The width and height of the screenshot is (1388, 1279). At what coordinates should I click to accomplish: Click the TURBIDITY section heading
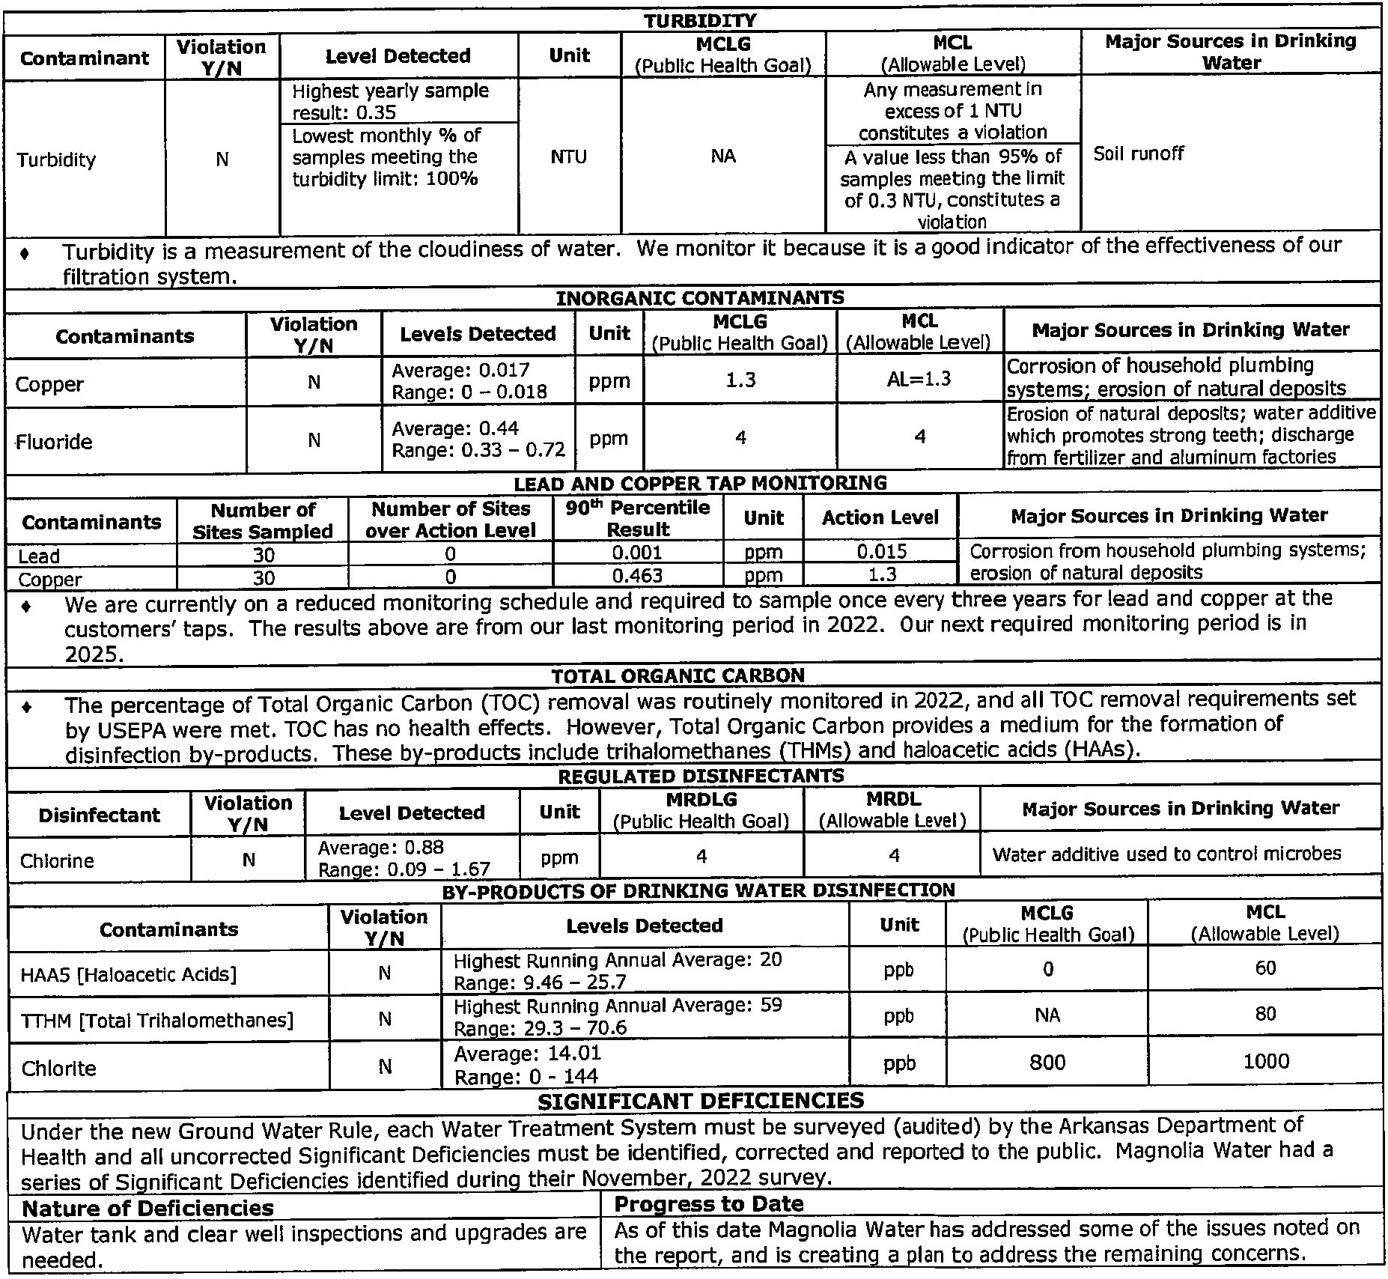pos(700,20)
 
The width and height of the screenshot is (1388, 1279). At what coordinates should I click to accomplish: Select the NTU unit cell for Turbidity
pos(569,157)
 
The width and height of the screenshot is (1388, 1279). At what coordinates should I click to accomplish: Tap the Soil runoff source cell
pos(1138,154)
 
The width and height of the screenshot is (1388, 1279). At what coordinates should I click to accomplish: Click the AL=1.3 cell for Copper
pos(920,379)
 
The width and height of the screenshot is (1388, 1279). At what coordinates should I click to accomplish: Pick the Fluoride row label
pos(55,442)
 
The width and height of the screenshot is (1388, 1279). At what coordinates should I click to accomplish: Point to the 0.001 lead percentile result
pos(637,553)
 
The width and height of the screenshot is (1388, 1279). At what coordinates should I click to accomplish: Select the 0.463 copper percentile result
pos(637,576)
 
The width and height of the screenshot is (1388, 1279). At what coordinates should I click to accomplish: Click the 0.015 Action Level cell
pos(881,552)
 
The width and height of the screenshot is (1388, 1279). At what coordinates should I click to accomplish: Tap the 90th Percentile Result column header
pos(638,518)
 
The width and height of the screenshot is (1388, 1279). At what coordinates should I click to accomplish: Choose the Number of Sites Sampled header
pos(263,520)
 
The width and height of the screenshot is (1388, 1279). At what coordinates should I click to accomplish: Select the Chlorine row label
pos(57,860)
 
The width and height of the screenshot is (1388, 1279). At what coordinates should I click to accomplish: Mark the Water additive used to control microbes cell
pos(1166,854)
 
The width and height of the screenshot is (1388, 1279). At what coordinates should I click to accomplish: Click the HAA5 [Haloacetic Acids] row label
pos(129,974)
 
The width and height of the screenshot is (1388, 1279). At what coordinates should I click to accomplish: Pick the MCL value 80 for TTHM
pos(1265,1014)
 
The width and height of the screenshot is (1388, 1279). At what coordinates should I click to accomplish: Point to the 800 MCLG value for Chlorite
pos(1047,1062)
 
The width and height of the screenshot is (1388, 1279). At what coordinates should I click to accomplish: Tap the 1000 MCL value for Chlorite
pos(1265,1061)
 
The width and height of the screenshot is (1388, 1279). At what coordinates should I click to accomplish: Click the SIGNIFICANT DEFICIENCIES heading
pos(701,1100)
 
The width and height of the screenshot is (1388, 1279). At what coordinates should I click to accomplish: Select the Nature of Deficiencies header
pos(147,1209)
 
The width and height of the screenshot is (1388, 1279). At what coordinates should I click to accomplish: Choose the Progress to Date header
pos(708,1204)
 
